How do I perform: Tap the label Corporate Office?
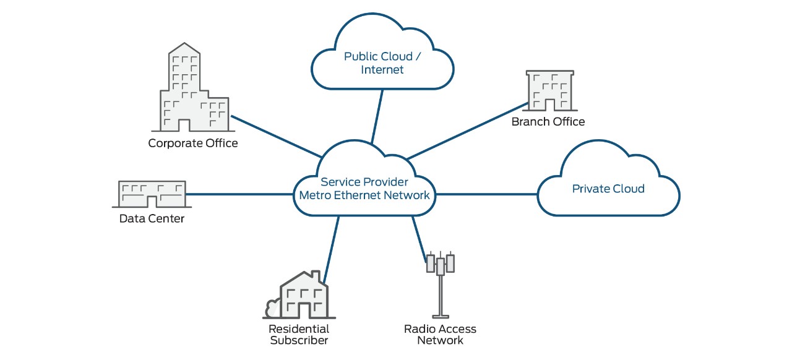coord(193,143)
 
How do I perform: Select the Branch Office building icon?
coord(548,90)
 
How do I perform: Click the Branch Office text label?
coord(548,121)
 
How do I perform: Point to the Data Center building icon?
coord(152,194)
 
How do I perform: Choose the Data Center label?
coord(152,218)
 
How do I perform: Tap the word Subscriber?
coord(299,340)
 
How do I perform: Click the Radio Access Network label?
coord(440,334)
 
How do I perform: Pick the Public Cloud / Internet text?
coord(382,62)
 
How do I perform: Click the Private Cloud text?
coord(608,189)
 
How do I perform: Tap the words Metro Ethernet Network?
coord(364,195)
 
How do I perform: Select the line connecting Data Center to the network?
coord(238,194)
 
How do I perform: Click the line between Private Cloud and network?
coord(486,194)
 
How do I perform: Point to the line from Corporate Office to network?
coord(275,136)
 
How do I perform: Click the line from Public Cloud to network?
coord(377,116)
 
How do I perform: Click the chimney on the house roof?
coord(316,276)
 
